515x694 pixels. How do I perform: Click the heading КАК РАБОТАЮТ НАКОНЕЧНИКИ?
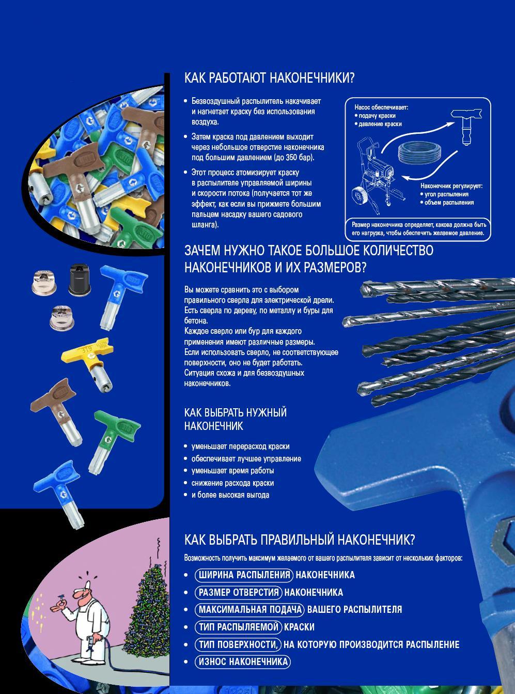[x=269, y=78]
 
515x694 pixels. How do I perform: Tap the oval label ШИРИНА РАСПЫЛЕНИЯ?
[x=244, y=575]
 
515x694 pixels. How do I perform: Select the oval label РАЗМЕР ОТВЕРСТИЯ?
[x=239, y=592]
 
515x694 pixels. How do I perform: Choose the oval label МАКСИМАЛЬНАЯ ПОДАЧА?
[x=249, y=610]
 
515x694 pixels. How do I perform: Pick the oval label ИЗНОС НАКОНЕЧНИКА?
[x=243, y=661]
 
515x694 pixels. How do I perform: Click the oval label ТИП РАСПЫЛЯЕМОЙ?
[x=239, y=627]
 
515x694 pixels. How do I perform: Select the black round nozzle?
[x=79, y=280]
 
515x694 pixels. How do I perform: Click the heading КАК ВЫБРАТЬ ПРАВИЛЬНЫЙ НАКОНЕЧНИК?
[x=300, y=539]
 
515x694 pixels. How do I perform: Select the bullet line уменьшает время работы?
[x=232, y=471]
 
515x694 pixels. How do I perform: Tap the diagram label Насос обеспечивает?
[x=381, y=107]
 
